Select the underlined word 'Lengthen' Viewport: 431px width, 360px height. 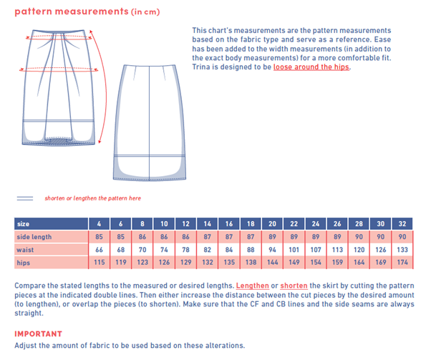tap(251, 286)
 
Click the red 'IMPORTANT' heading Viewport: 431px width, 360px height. tap(38, 334)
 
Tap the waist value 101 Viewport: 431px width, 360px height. tap(294, 250)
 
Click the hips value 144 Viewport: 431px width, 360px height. tap(272, 263)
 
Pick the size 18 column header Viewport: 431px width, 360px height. tap(251, 223)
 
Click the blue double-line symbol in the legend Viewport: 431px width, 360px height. tap(26, 197)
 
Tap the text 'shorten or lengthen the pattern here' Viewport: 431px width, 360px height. tap(92, 198)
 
